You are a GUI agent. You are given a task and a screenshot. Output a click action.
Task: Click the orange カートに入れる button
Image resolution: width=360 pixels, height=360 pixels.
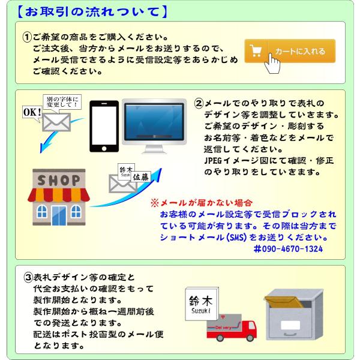(x=289, y=51)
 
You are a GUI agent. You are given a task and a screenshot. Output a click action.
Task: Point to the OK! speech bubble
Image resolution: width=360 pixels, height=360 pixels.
(x=31, y=112)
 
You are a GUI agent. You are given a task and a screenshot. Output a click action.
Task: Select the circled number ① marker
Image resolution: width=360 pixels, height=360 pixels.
(x=27, y=37)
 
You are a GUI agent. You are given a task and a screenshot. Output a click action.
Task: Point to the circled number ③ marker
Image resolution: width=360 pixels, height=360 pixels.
(x=28, y=277)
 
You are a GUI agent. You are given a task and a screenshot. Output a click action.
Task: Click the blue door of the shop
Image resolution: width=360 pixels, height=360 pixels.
(x=59, y=215)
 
